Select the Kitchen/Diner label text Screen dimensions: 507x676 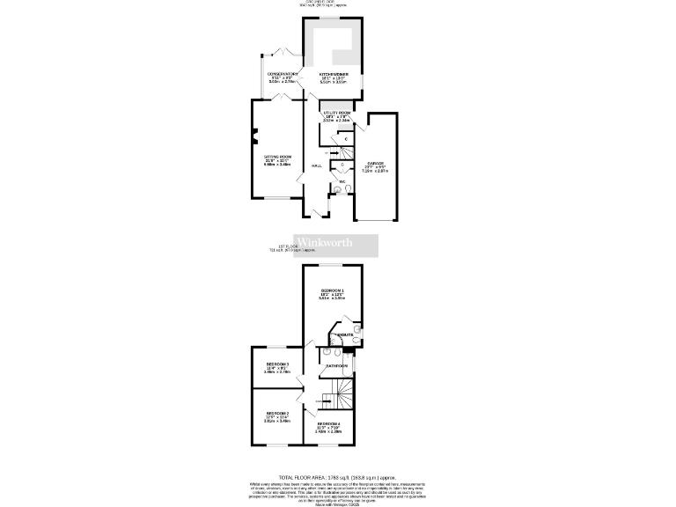(334, 74)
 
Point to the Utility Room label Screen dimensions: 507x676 (336, 113)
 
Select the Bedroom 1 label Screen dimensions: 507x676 (332, 290)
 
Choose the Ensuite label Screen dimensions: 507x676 (345, 335)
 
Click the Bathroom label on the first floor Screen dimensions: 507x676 (337, 365)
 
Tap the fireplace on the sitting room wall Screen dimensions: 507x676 (254, 134)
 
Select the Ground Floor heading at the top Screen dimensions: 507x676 (337, 4)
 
